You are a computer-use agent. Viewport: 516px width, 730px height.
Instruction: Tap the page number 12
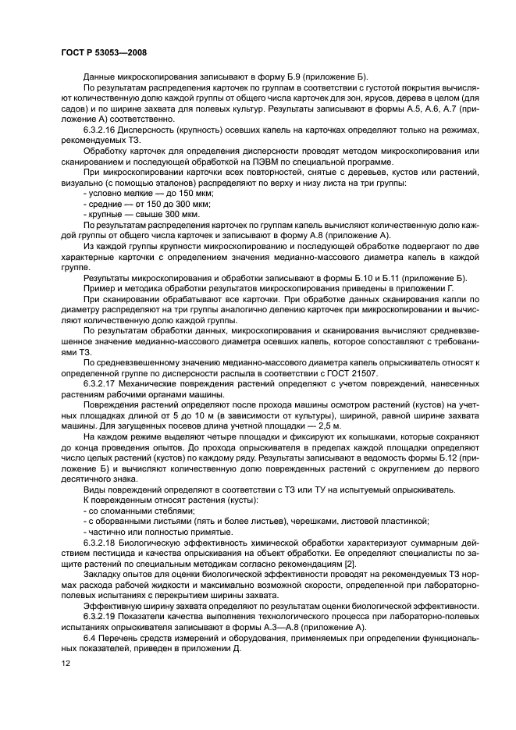pyautogui.click(x=66, y=663)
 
